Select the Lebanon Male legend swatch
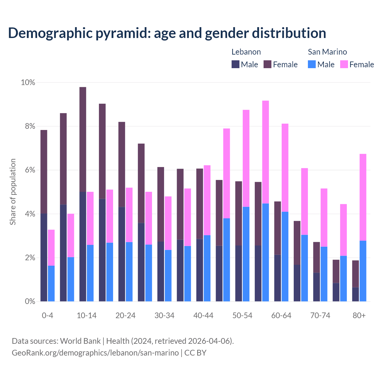236,64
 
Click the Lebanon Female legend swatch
267,64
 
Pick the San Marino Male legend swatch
312,64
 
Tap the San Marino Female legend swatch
344,64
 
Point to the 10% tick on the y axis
28,82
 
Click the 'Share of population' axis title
13,192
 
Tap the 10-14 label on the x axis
87,315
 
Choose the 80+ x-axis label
359,315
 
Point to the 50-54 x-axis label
242,315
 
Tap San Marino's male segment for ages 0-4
51,283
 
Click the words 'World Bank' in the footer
80,341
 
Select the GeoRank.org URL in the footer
95,353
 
